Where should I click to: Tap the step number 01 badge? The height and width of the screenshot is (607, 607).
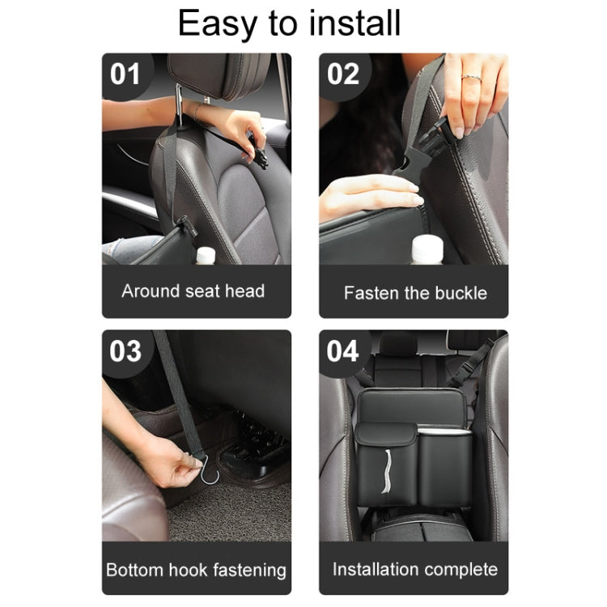click(125, 75)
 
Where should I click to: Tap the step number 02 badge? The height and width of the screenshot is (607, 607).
click(342, 75)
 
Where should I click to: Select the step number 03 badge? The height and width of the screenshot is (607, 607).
click(125, 351)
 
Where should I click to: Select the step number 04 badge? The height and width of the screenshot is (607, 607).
click(342, 351)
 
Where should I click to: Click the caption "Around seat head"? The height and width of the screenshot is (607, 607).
click(193, 291)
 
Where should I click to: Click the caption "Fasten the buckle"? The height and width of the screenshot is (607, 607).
click(415, 293)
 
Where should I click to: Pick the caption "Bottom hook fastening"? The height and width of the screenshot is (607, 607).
click(196, 569)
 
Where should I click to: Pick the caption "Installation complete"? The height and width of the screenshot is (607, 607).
click(415, 569)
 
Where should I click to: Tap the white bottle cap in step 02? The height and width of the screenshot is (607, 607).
click(427, 248)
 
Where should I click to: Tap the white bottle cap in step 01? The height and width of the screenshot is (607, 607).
click(206, 256)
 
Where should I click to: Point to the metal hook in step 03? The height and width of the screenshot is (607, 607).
click(210, 470)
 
